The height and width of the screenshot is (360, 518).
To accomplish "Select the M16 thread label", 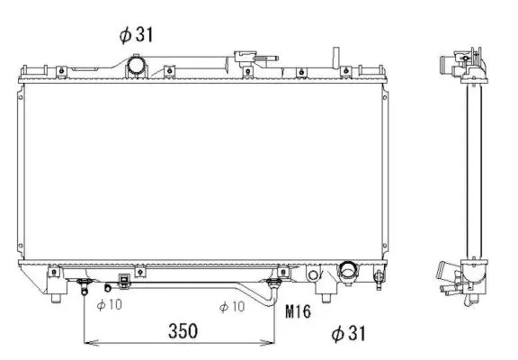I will tap(299, 312).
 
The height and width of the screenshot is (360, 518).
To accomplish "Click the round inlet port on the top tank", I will tap(136, 67).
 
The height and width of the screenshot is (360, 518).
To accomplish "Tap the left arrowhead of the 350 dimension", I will tap(87, 343).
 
